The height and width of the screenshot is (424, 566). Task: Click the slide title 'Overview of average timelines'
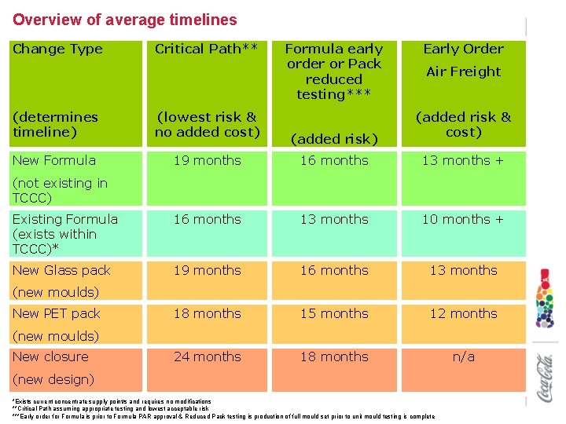click(x=125, y=20)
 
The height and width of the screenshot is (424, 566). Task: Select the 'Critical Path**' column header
click(x=207, y=49)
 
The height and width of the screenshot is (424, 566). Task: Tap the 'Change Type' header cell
click(x=58, y=49)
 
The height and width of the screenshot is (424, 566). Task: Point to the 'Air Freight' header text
click(x=463, y=71)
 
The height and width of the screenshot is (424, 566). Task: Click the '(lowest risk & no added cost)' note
click(x=207, y=124)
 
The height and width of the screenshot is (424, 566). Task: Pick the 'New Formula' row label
click(x=54, y=160)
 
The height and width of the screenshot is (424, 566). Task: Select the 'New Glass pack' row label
click(x=62, y=270)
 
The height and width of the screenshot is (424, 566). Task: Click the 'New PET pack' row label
click(x=57, y=313)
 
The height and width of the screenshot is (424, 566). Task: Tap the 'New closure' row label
click(x=51, y=356)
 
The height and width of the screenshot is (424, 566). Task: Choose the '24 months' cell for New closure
click(x=207, y=356)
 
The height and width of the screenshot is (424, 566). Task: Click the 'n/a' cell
click(x=463, y=356)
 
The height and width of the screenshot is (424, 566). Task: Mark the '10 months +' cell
click(x=463, y=219)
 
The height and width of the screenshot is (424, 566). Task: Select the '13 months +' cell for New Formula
click(x=463, y=160)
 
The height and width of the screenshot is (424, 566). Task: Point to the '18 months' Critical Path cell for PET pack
click(x=207, y=313)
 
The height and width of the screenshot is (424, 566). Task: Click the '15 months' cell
click(x=334, y=313)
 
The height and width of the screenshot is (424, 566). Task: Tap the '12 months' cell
click(x=463, y=313)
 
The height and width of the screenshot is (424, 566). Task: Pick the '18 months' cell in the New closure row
click(x=334, y=356)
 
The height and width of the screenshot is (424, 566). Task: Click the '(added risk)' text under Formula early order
click(x=334, y=139)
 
